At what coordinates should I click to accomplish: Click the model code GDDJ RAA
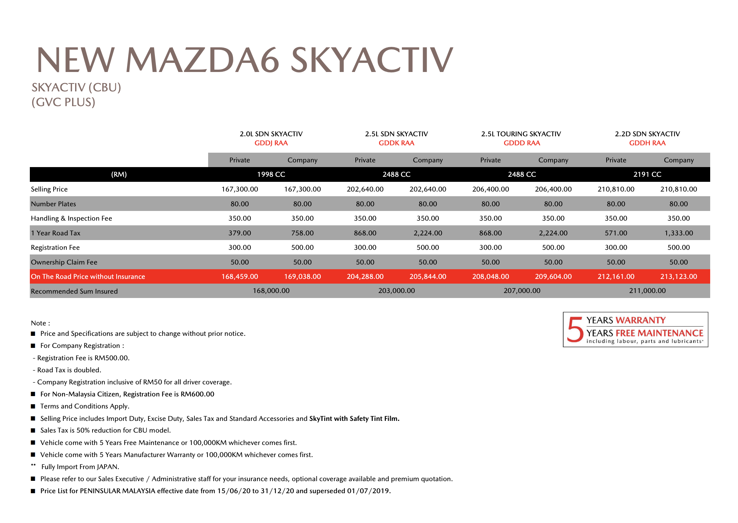click(271, 143)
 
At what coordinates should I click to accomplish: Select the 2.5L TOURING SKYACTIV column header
click(521, 134)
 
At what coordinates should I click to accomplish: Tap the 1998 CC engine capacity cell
click(271, 174)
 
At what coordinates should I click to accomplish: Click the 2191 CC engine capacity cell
click(647, 174)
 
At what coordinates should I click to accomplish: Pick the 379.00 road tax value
click(240, 233)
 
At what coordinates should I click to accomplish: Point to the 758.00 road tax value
click(302, 233)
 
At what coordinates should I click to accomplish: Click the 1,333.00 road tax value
click(678, 233)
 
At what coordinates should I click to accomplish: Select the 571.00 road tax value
click(616, 233)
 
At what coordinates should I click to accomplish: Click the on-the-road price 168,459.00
click(240, 277)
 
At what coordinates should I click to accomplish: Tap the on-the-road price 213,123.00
click(678, 277)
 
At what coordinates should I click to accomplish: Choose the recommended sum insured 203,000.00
click(396, 291)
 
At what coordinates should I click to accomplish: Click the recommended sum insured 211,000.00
click(647, 291)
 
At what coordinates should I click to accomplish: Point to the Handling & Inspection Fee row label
click(71, 218)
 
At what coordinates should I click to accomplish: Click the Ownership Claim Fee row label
click(64, 262)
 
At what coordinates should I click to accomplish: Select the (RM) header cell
click(119, 174)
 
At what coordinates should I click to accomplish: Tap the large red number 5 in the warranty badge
click(575, 329)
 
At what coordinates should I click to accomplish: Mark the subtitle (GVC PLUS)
click(63, 102)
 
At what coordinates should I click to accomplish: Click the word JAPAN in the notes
click(107, 467)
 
